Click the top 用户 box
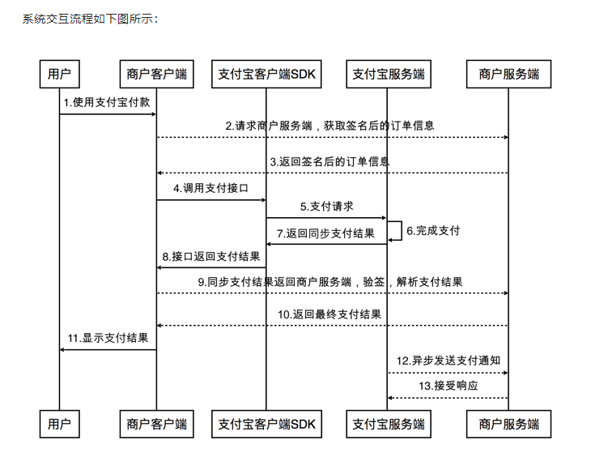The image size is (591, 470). [x=60, y=74]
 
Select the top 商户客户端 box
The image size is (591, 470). [x=157, y=74]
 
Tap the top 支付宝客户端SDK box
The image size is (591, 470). [x=266, y=74]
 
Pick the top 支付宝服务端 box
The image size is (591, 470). [x=389, y=74]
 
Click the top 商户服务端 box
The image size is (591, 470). [x=509, y=74]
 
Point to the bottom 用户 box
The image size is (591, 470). [x=60, y=424]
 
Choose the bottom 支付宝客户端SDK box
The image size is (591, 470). [x=266, y=424]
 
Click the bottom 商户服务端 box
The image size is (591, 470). [x=509, y=424]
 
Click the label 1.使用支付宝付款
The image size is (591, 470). [x=107, y=102]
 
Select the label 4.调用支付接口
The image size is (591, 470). [x=210, y=188]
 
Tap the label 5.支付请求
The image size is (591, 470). [x=327, y=207]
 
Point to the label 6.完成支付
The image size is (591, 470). [x=433, y=230]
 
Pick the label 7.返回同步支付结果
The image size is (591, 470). [x=325, y=233]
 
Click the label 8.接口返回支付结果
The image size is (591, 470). [x=211, y=257]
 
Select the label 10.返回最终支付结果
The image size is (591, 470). [x=330, y=314]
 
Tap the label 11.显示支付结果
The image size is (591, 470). [x=108, y=338]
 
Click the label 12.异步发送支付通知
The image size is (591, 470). [x=449, y=361]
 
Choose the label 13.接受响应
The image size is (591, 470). [x=449, y=386]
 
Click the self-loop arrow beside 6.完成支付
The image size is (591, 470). [x=402, y=230]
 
